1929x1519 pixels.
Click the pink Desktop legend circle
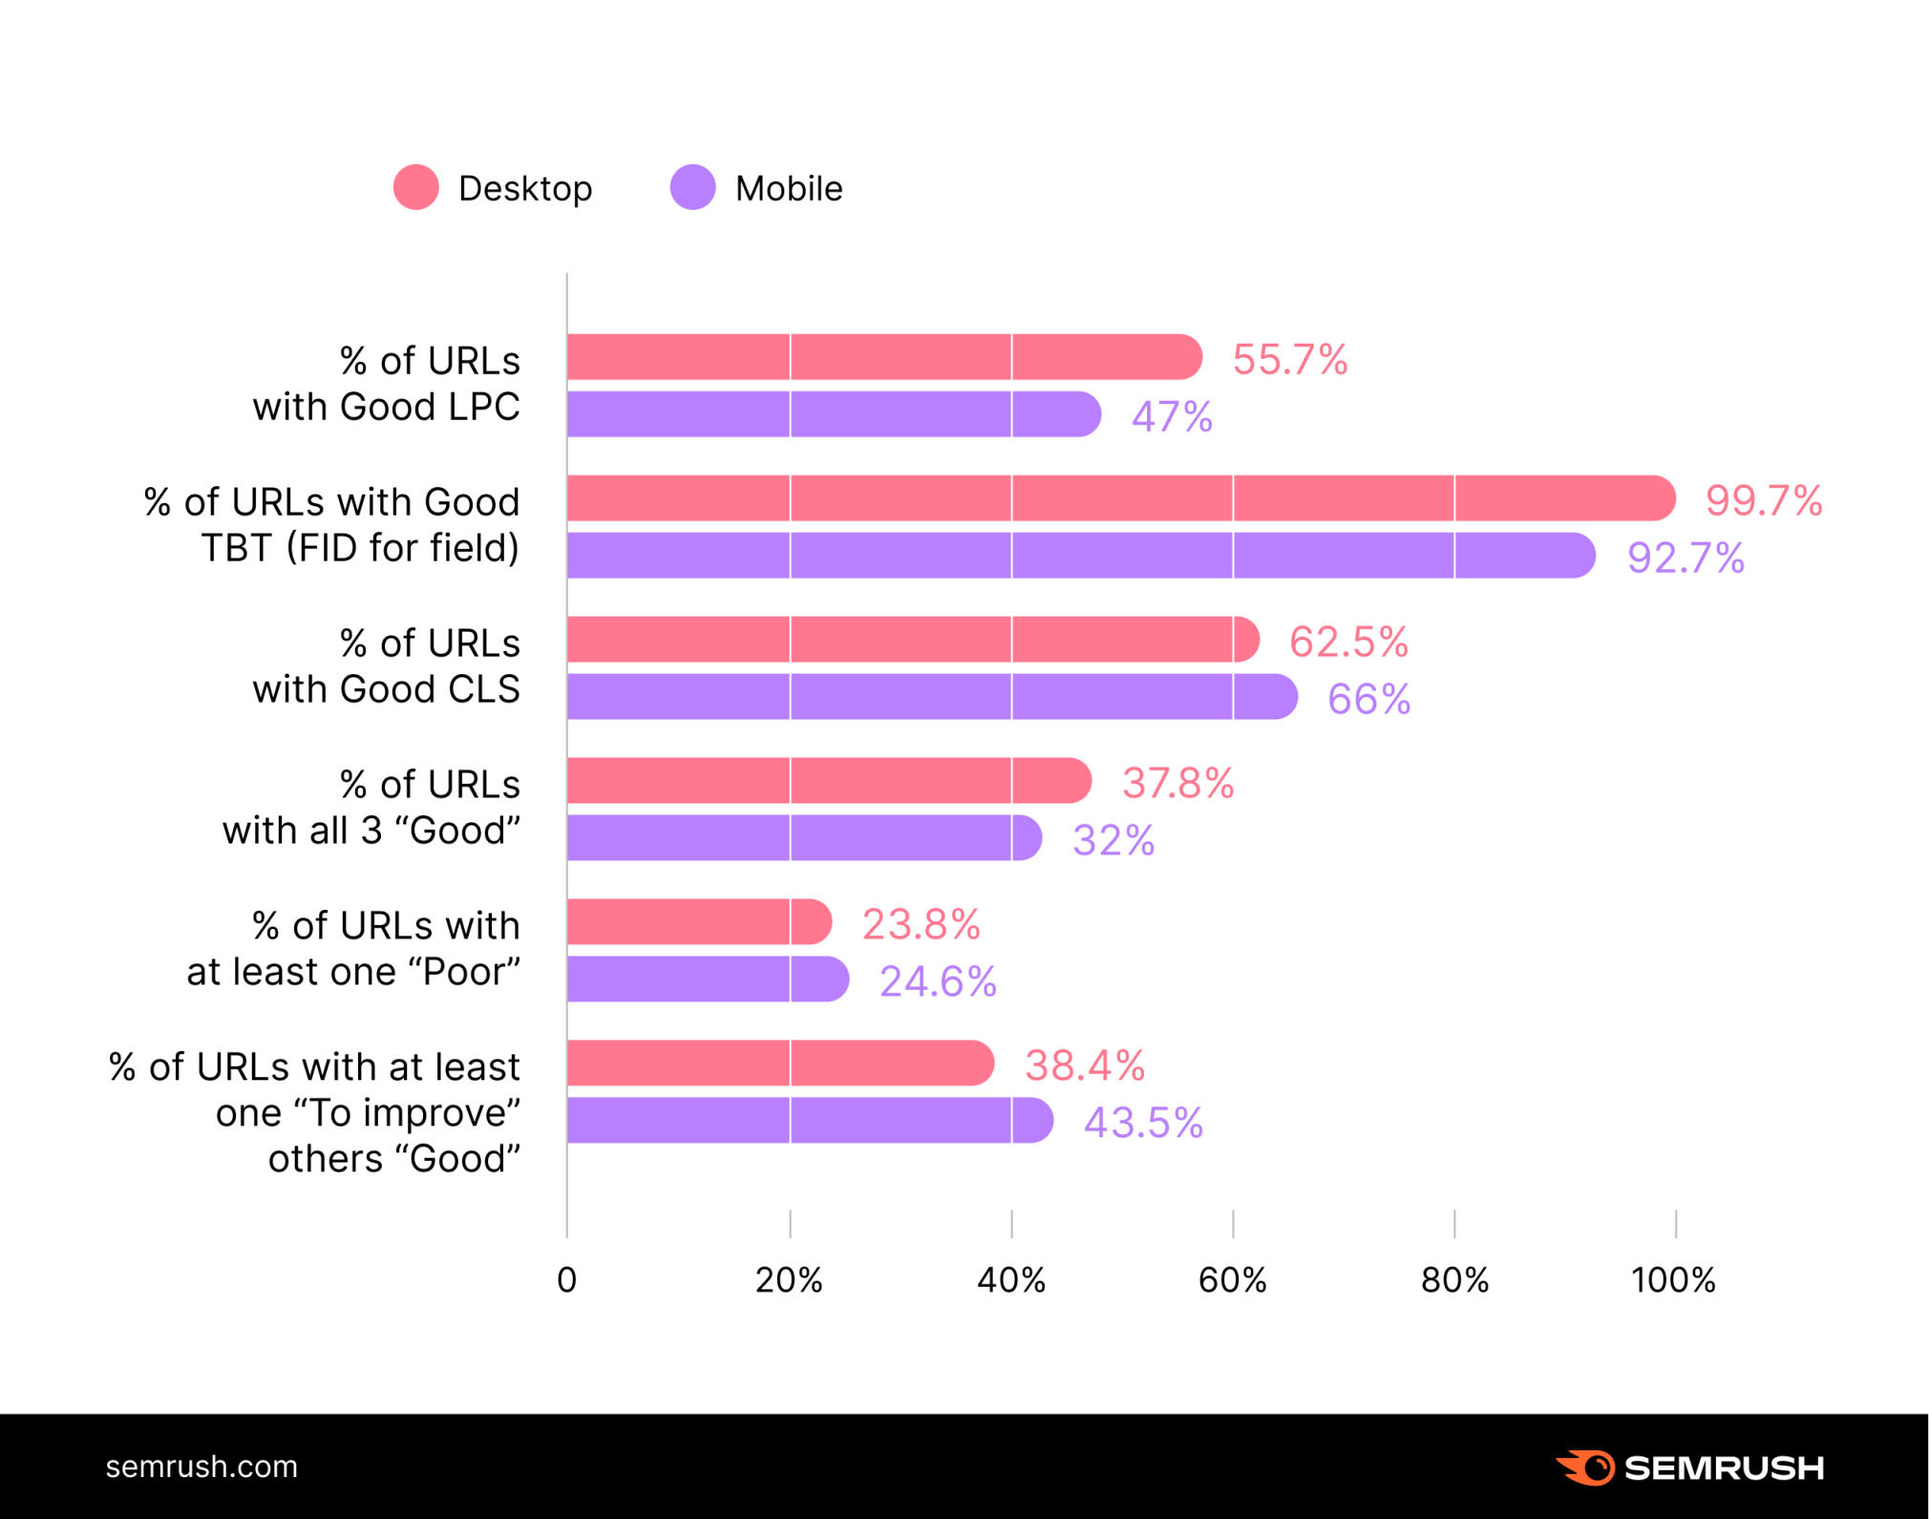[x=416, y=187]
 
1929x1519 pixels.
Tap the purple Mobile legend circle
[x=692, y=187]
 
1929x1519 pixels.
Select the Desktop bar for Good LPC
[x=883, y=357]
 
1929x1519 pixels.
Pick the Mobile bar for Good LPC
[x=833, y=414]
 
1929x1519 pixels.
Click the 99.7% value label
[x=1764, y=500]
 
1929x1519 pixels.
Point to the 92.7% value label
[x=1685, y=558]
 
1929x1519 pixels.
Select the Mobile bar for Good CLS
[x=931, y=696]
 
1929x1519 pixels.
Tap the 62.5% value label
[x=1348, y=642]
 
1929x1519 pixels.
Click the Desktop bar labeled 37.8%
[x=828, y=781]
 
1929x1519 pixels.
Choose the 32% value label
[x=1113, y=840]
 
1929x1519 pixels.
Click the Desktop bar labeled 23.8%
[x=699, y=922]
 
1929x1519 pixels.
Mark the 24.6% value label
[x=938, y=981]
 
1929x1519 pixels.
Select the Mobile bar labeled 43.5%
[x=809, y=1120]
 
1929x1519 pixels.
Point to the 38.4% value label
[x=1085, y=1065]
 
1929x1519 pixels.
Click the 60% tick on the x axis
[x=1232, y=1279]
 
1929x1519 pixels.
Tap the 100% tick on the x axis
[x=1673, y=1279]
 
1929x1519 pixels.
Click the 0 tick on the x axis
[x=567, y=1279]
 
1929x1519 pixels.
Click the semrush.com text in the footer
[x=201, y=1466]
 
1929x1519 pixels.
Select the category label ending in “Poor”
[x=353, y=948]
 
